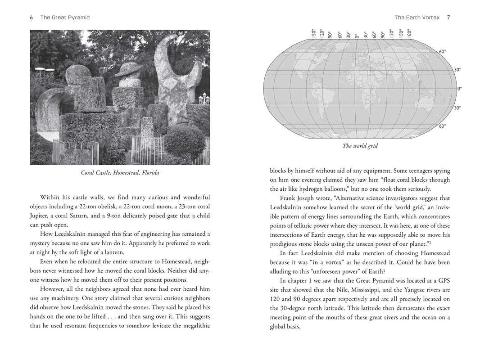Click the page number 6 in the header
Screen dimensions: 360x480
pos(32,18)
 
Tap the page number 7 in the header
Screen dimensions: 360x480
pos(448,18)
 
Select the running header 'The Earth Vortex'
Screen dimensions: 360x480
pos(417,18)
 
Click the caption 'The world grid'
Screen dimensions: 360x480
pos(360,146)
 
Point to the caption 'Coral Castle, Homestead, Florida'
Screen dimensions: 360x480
pos(120,173)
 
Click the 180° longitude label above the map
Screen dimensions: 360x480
pos(409,33)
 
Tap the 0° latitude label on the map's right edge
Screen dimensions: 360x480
pos(459,89)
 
